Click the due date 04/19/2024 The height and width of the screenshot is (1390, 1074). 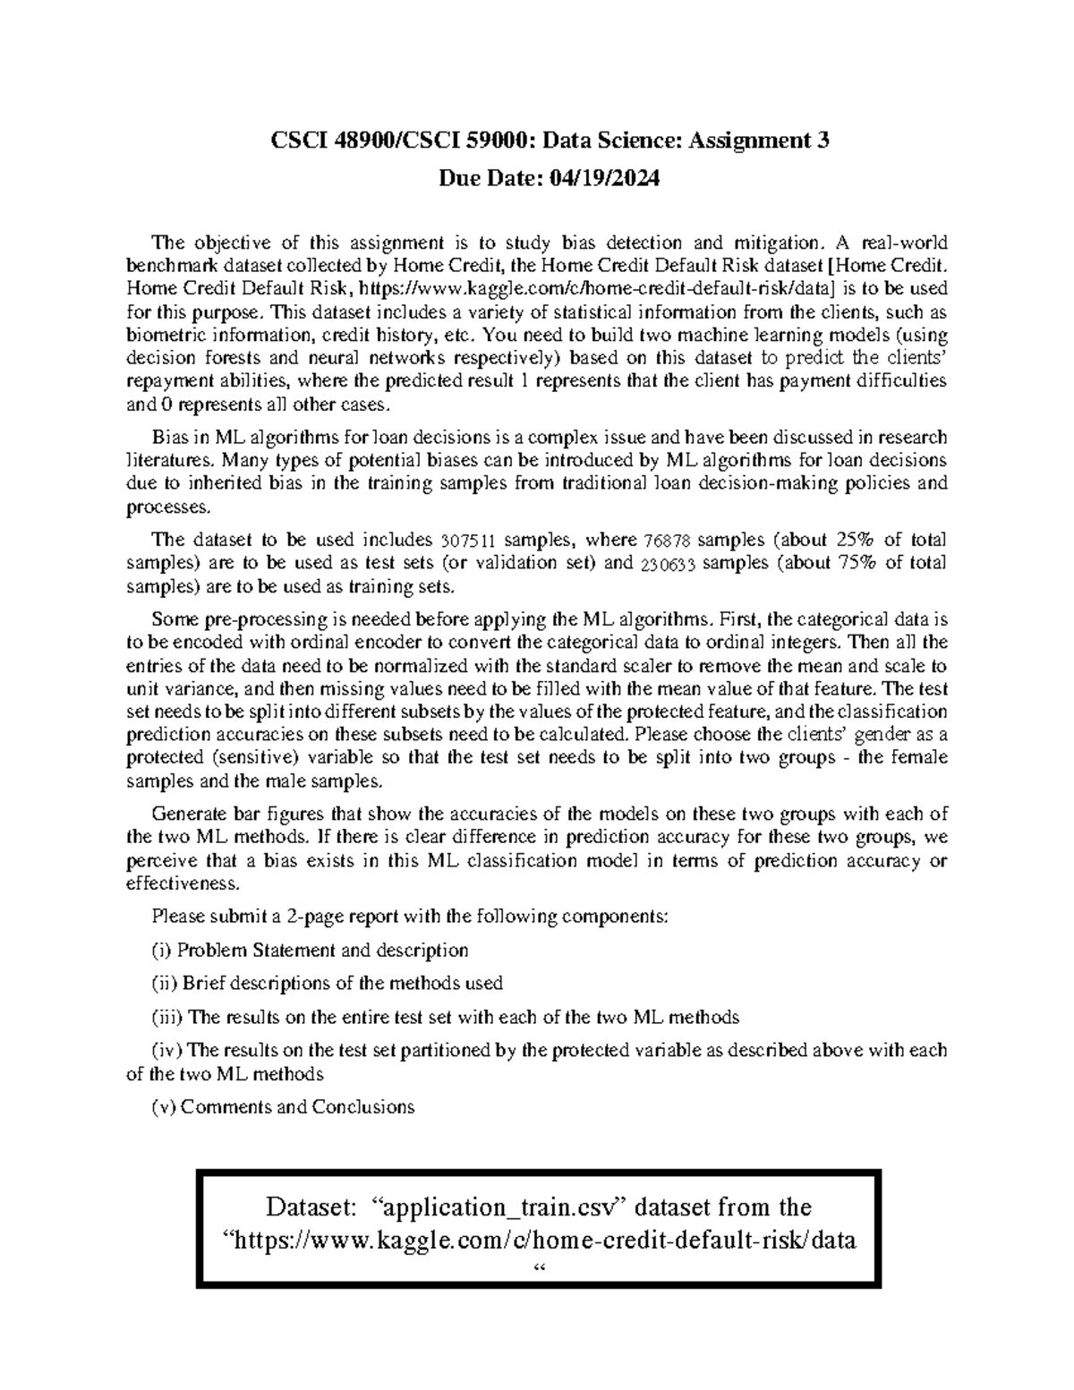click(605, 179)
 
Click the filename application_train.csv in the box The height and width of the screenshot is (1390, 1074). click(501, 1207)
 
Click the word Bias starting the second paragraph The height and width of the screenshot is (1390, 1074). click(170, 438)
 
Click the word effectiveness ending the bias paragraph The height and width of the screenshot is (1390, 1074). click(183, 883)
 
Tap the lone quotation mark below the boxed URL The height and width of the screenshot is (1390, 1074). click(538, 1269)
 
